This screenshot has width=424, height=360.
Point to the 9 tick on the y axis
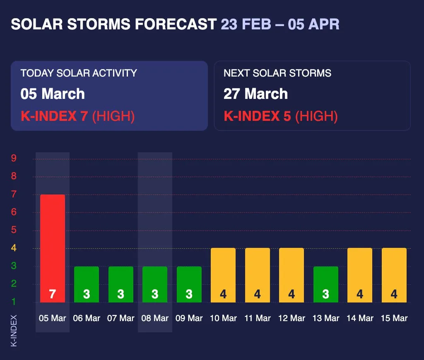tap(14, 158)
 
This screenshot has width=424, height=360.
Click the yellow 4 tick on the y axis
tap(14, 248)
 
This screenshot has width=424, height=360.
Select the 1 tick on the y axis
tap(14, 302)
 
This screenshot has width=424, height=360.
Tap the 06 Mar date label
tap(87, 318)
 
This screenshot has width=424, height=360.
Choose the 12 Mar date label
tap(291, 318)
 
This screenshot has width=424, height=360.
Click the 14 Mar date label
tap(360, 318)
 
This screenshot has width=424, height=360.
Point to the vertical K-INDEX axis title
tap(14, 331)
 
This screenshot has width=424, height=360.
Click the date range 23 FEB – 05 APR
tap(280, 24)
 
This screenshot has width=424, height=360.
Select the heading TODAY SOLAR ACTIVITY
tap(79, 73)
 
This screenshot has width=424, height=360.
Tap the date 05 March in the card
tap(53, 94)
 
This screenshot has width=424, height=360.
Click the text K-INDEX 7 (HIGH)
tap(78, 116)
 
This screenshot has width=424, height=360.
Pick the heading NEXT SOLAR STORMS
tap(277, 73)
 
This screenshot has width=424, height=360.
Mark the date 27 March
tap(255, 94)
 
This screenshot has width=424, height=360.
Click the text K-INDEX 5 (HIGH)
tap(281, 116)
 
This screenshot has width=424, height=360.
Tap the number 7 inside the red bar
tap(52, 294)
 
